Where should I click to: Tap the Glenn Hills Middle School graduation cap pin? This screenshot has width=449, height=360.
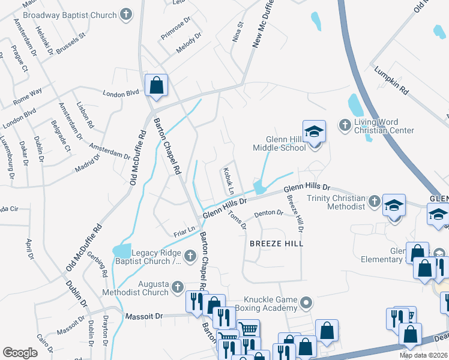[x=313, y=133]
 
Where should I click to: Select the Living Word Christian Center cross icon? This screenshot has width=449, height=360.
[x=345, y=125]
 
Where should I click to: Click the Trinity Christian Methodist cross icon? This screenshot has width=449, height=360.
[x=374, y=200]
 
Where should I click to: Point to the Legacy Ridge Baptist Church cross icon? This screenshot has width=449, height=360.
[x=190, y=257]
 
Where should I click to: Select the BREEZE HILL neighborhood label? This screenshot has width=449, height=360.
[x=277, y=244]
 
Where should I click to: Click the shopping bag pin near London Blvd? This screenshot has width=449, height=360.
[x=156, y=86]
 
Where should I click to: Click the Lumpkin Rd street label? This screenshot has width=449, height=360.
[x=391, y=82]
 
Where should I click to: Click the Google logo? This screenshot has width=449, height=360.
[x=20, y=352]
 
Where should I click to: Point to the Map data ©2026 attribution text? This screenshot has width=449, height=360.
[x=423, y=355]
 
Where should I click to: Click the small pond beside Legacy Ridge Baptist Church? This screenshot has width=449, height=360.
[x=122, y=250]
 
